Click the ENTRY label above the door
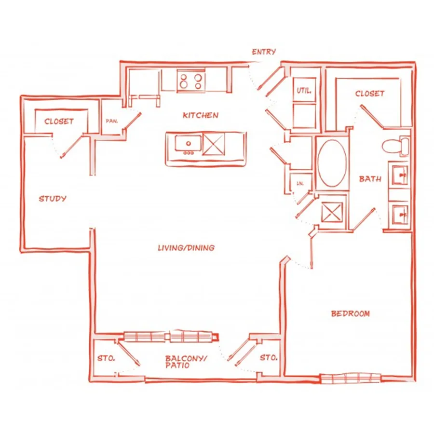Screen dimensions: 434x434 point(264,52)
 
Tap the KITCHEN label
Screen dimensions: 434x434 point(201,115)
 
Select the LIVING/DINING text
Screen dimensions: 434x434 point(186,248)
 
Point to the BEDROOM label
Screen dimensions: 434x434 point(351,313)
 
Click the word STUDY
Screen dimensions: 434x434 point(53,199)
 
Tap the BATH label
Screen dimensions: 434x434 point(370,179)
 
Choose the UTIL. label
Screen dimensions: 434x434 point(304,90)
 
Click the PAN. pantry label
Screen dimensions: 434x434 point(112,121)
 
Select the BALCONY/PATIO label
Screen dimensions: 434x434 point(186,362)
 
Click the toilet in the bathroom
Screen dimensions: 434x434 point(395,146)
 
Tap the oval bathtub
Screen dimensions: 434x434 point(332,163)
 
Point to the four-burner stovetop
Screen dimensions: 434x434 point(191,81)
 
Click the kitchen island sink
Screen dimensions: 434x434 point(188,144)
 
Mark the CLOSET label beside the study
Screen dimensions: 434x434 point(59,121)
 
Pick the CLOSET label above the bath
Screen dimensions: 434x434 point(370,94)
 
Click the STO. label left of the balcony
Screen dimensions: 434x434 point(106,358)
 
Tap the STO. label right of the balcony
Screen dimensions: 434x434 point(269,357)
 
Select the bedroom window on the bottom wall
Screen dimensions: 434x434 point(350,379)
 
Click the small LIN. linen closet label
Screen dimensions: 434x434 point(300,183)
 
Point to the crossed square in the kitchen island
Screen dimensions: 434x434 point(214,144)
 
